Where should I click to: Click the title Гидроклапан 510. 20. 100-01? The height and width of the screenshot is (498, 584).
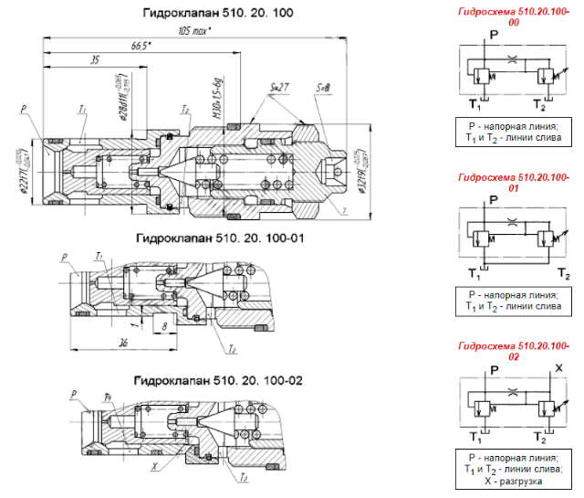[x=219, y=238]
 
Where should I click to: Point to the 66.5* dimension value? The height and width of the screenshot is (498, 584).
[x=141, y=45]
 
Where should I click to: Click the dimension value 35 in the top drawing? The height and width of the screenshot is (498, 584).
[x=94, y=59]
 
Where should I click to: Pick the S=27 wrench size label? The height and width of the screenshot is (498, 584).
[x=280, y=87]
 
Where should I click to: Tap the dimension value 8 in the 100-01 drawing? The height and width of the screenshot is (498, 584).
[x=162, y=323]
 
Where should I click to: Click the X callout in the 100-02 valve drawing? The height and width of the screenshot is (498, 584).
[x=156, y=465]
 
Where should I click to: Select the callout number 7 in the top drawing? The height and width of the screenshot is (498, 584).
[x=346, y=212]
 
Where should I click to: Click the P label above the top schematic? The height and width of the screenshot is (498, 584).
[x=493, y=34]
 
